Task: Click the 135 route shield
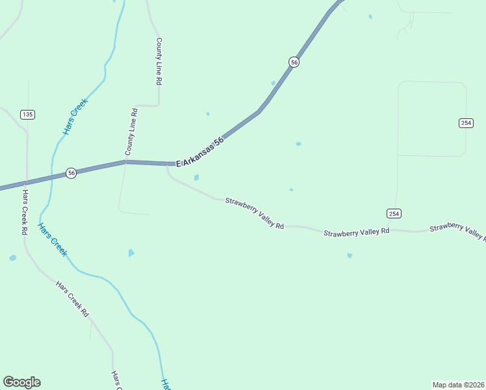tap(27, 114)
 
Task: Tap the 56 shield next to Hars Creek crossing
tap(71, 173)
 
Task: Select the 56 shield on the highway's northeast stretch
tap(294, 62)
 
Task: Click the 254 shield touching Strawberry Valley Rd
tap(394, 213)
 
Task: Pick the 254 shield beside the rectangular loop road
tap(466, 123)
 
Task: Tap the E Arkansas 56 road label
tap(200, 150)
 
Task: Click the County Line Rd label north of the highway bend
tap(158, 61)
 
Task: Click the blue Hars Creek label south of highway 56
tap(52, 240)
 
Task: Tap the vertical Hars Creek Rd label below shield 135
tap(25, 213)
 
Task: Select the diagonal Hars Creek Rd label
tap(72, 299)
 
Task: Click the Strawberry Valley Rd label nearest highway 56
tap(255, 213)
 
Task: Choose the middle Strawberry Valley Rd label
tap(357, 232)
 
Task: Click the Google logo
tap(21, 382)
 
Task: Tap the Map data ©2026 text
tap(457, 384)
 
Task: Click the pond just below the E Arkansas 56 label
tap(196, 177)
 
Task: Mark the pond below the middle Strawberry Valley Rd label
tap(350, 255)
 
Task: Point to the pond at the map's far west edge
tap(12, 258)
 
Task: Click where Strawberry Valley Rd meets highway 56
tap(167, 164)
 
